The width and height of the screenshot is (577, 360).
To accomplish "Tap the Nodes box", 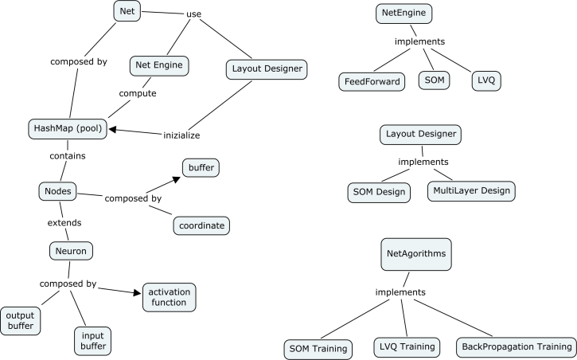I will click(58, 192).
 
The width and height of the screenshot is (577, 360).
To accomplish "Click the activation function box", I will click(167, 297).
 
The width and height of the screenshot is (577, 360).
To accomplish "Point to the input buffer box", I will click(93, 340).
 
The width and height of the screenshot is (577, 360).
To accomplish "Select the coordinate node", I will click(201, 226).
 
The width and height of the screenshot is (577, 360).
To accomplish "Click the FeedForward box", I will click(372, 81).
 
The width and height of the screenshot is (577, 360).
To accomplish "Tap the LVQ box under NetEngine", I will click(484, 81).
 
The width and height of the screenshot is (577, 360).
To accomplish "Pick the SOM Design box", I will click(380, 192).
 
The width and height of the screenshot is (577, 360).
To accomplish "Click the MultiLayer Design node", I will click(470, 191).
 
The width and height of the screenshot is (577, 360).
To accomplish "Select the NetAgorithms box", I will click(415, 254).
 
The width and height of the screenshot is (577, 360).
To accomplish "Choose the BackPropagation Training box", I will click(515, 347).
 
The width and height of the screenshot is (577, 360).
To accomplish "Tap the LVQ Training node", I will click(407, 346).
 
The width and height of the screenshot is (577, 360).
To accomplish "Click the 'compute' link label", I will click(138, 94).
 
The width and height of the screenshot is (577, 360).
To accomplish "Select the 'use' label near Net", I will click(194, 14).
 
